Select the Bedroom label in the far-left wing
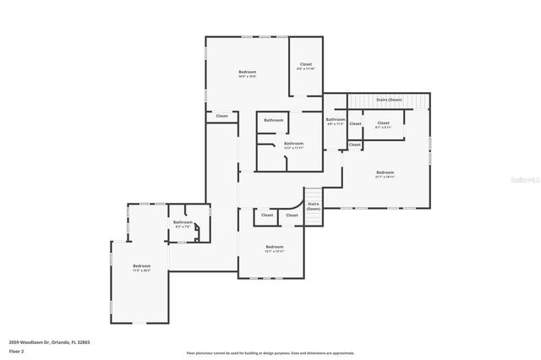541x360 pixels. point(140,267)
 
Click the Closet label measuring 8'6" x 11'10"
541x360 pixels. point(305,65)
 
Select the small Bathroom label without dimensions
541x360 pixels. point(273,120)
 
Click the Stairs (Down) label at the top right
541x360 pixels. point(389,99)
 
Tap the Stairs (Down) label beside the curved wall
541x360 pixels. point(313,205)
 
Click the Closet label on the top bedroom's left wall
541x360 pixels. point(221,116)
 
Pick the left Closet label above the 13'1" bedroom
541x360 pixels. point(267,215)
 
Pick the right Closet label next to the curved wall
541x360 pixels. point(292,215)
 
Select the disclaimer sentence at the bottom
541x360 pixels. point(270,352)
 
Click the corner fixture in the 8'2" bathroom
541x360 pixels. point(196,238)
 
